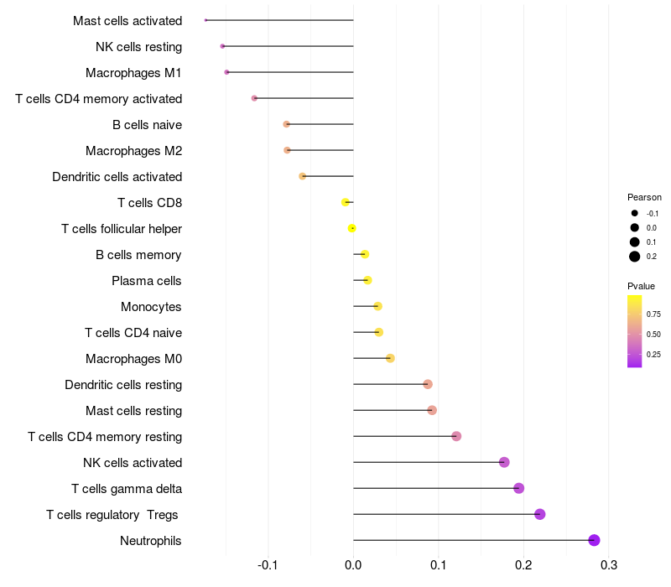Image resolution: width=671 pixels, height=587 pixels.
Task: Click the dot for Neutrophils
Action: click(594, 540)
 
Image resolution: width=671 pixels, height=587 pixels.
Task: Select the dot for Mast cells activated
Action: click(205, 20)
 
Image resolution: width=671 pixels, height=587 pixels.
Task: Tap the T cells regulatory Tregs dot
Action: click(539, 514)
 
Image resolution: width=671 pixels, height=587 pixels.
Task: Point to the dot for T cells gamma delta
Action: click(518, 488)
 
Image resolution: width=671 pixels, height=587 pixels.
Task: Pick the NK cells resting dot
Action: click(222, 46)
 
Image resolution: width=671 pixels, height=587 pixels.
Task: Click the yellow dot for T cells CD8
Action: click(345, 202)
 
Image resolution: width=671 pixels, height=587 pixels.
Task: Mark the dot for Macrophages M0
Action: click(390, 358)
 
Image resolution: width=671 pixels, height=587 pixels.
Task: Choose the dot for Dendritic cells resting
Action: click(428, 384)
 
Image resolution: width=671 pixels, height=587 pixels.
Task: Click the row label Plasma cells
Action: click(147, 280)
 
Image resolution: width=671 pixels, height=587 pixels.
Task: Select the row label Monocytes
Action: click(151, 306)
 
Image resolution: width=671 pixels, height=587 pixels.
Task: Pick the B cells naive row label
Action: click(147, 125)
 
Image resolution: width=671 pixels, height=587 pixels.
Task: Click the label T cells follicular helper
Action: click(122, 228)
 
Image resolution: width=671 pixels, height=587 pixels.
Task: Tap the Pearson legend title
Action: click(644, 197)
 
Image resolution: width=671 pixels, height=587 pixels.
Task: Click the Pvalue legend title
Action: click(641, 286)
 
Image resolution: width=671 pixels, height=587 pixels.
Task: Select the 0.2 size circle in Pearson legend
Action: click(635, 257)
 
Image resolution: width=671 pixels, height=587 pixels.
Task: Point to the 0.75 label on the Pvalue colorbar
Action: click(653, 314)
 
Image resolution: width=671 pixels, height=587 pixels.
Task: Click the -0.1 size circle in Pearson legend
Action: click(635, 213)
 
